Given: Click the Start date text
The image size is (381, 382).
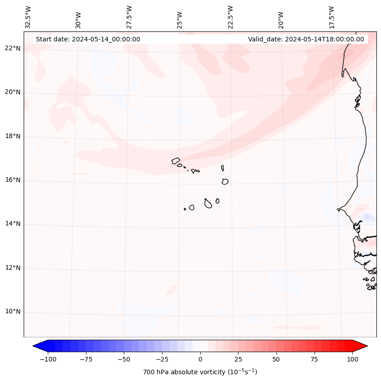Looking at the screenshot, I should click(x=88, y=39).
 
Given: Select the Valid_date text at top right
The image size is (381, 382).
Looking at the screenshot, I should click(x=306, y=39).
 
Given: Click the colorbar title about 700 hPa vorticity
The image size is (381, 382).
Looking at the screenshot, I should click(x=200, y=372).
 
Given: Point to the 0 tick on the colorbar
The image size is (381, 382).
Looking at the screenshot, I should click(x=200, y=359).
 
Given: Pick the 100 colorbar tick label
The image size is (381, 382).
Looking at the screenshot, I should click(x=352, y=359).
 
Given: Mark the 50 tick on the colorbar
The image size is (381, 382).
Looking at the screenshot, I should click(x=276, y=359).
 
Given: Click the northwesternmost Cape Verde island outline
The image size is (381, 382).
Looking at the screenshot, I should click(x=176, y=161).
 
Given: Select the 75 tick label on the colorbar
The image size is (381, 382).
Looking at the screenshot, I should click(x=314, y=359).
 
